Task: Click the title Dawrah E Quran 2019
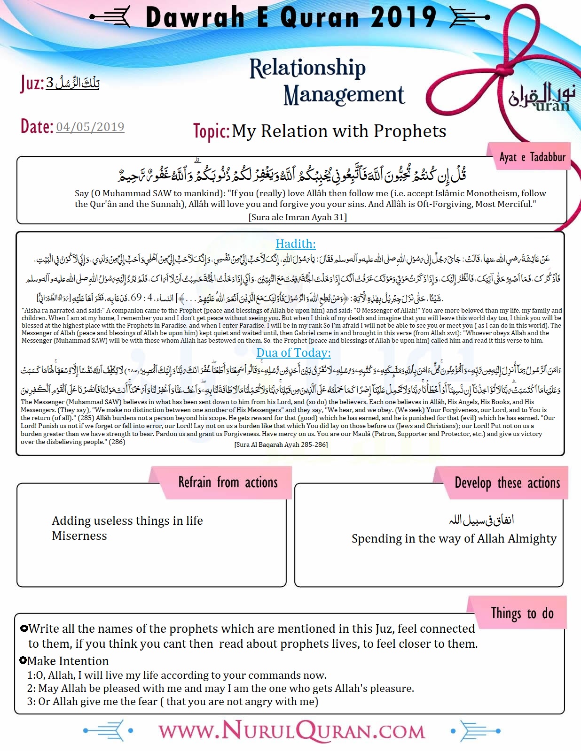pos(291,18)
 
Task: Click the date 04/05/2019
pos(90,127)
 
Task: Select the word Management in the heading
pos(344,95)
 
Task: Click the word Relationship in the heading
pos(307,69)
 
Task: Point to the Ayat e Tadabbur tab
pos(532,157)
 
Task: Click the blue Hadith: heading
pos(295,244)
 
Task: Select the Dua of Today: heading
pos(293,353)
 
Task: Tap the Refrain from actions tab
pos(228,482)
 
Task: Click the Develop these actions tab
pos(507,483)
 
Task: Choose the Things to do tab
pos(522,613)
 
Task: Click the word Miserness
pos(79,536)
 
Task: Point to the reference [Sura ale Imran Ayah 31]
pos(298,217)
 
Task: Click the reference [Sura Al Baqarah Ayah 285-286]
pos(281,444)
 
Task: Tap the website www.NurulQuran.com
pos(291,731)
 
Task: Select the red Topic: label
pos(211,131)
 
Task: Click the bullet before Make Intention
pos(23,660)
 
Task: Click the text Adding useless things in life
pos(127,521)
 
